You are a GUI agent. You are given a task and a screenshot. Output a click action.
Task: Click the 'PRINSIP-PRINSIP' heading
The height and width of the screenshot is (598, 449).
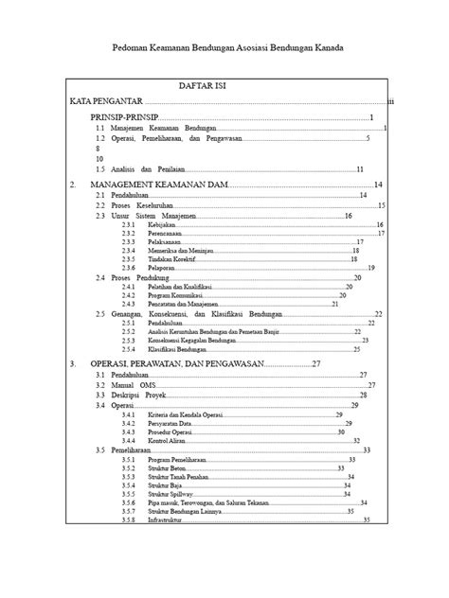[124, 117]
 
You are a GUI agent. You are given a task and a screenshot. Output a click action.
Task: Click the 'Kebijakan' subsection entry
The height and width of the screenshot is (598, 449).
[162, 225]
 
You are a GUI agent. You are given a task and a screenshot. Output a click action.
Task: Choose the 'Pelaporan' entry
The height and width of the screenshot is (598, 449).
[163, 267]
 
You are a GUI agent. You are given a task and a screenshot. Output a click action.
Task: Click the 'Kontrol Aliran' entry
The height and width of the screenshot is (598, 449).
[170, 440]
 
